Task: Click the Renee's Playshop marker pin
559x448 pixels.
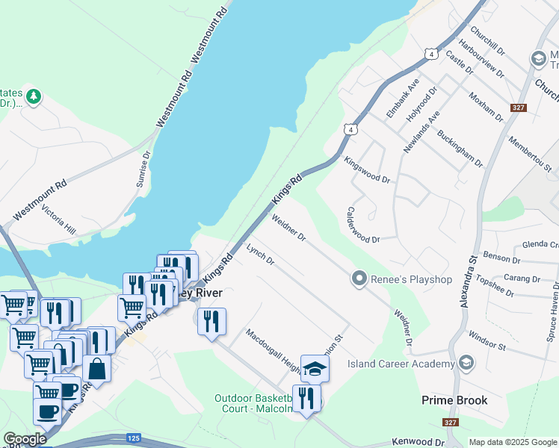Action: click(x=359, y=279)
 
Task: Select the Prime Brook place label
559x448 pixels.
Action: click(x=454, y=400)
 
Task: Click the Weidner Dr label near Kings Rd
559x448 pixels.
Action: click(x=288, y=228)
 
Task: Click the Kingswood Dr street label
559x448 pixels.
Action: click(x=367, y=169)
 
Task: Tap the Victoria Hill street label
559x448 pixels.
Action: click(x=59, y=220)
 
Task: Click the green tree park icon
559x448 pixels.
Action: click(x=34, y=96)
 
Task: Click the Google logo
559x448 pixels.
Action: click(x=25, y=439)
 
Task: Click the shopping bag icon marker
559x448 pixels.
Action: click(x=96, y=367)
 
